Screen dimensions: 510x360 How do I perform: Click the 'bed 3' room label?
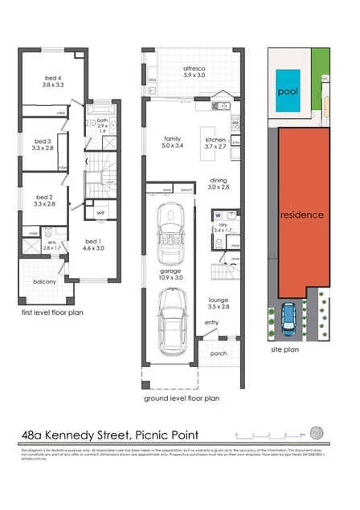tap(43, 141)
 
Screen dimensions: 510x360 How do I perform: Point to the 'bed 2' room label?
tap(44, 197)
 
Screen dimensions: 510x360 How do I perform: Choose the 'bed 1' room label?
tap(93, 241)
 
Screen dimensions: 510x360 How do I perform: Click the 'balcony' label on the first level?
tap(44, 282)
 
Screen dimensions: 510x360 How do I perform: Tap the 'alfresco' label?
tap(194, 68)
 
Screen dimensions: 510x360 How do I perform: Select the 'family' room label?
tap(173, 138)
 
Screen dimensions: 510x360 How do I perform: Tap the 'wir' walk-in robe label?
tap(101, 213)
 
